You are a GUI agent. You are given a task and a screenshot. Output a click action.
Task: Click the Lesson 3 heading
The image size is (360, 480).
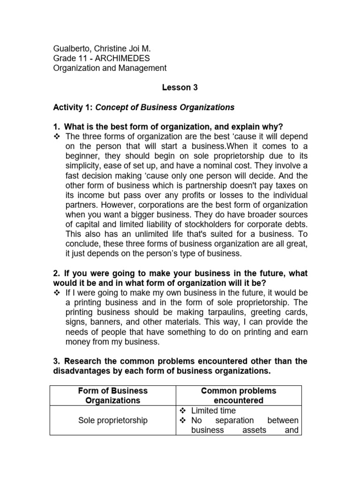177,88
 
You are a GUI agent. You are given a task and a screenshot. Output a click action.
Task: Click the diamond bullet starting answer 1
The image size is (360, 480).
57,136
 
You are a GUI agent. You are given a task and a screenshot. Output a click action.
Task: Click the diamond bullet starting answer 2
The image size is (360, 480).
57,293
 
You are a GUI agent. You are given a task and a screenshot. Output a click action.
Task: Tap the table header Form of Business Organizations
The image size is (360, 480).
112,396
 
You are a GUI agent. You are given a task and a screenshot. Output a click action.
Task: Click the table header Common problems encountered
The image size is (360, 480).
239,396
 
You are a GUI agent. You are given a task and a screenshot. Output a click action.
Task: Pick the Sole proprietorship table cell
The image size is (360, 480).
112,420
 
